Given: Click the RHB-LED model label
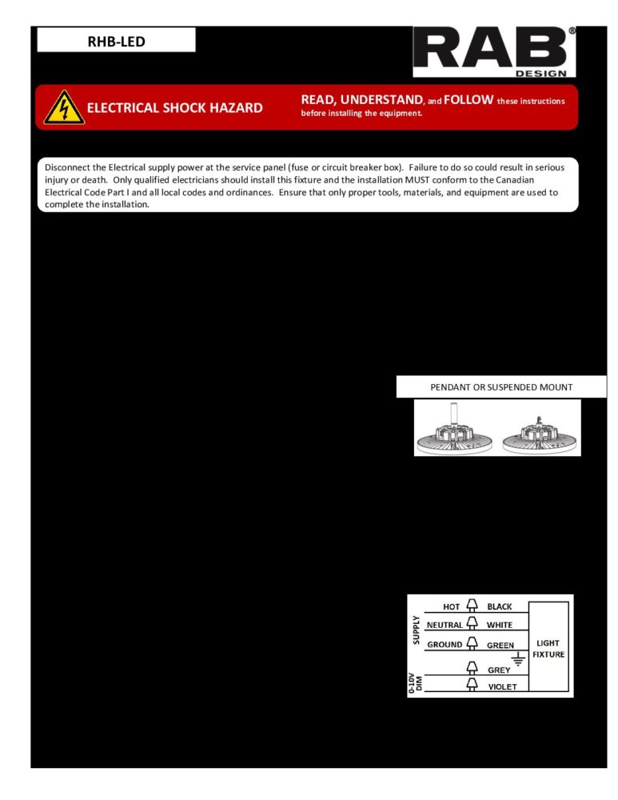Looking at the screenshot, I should tap(116, 41).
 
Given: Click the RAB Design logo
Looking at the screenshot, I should tap(493, 51).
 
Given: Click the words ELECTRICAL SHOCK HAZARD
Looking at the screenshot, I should tap(174, 108).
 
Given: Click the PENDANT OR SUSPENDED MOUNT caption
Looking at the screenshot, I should tap(501, 387).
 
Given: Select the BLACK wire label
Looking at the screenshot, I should tap(500, 606).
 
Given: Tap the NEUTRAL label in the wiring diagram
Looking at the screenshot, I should tap(445, 625).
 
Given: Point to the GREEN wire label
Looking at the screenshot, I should tap(500, 645).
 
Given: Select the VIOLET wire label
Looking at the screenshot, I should tap(502, 686).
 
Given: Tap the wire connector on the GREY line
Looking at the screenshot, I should tap(472, 668).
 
